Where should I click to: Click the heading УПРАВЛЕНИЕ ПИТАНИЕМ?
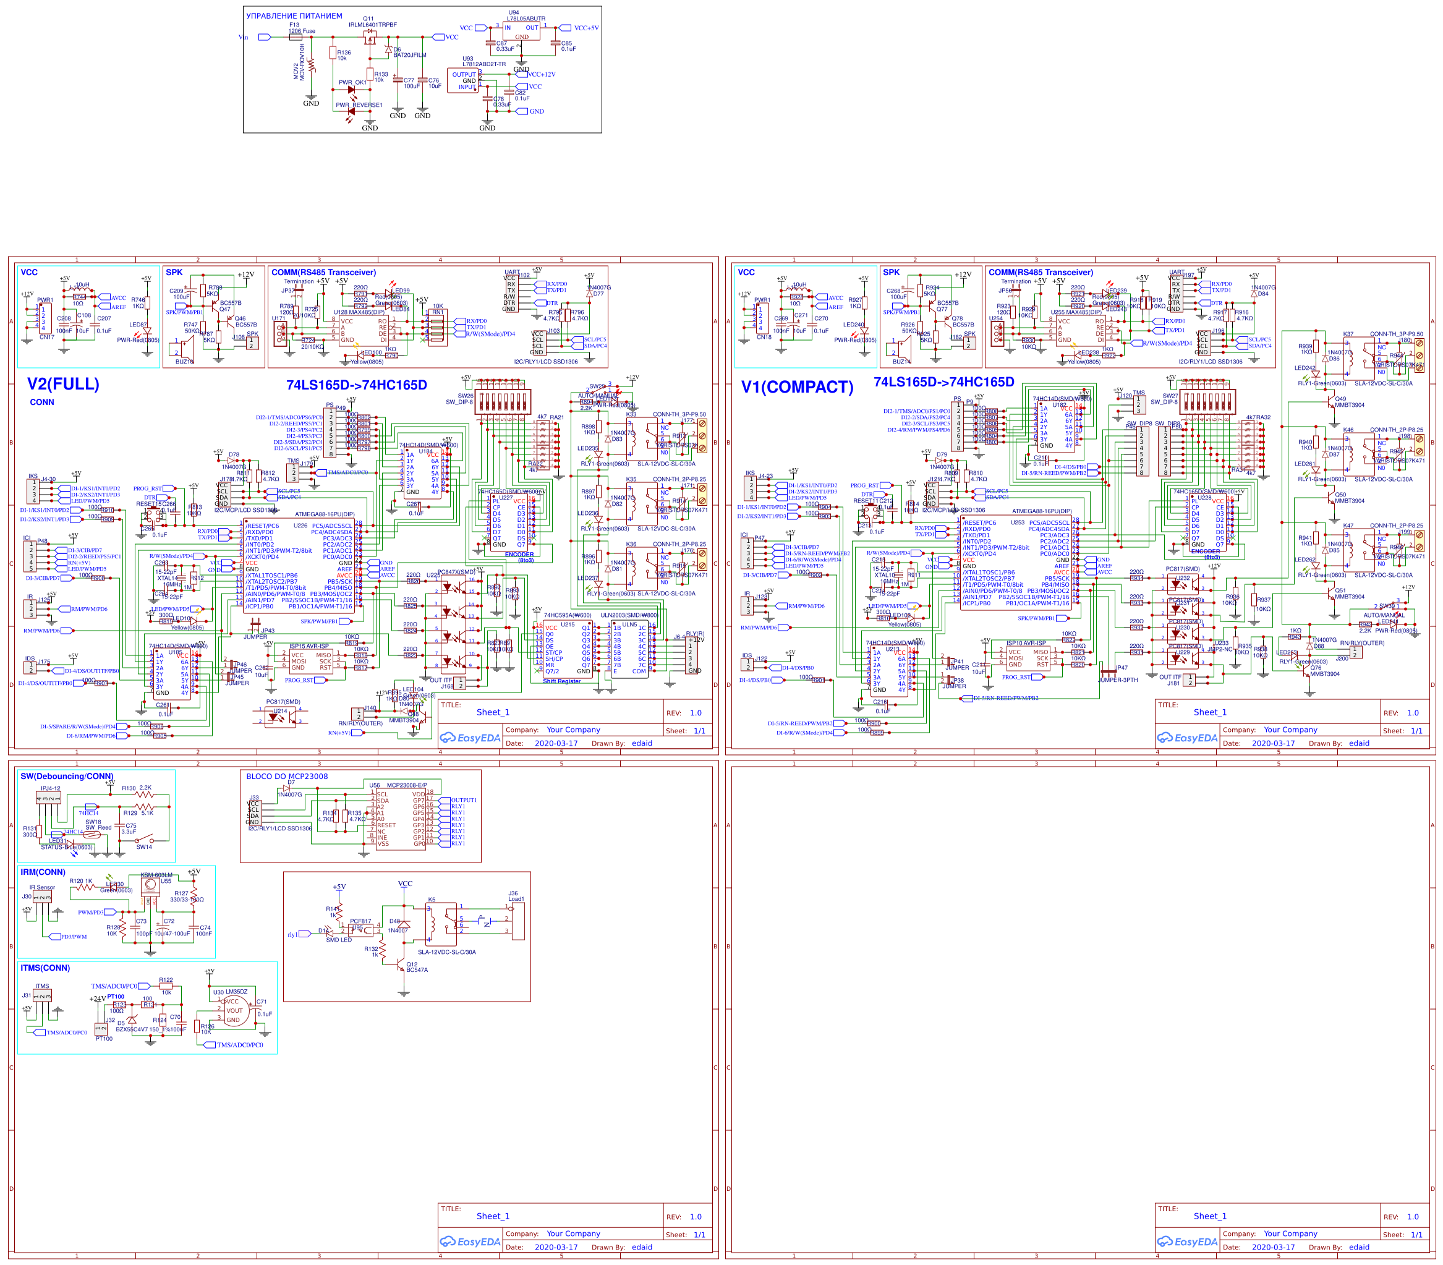pyautogui.click(x=294, y=15)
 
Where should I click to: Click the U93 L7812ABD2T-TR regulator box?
pyautogui.click(x=463, y=80)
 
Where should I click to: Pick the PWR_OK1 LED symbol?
pyautogui.click(x=351, y=90)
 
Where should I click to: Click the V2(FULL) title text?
pyautogui.click(x=63, y=384)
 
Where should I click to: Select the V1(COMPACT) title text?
pyautogui.click(x=797, y=387)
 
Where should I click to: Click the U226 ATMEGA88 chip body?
pyautogui.click(x=300, y=564)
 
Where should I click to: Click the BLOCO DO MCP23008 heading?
pyautogui.click(x=287, y=776)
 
